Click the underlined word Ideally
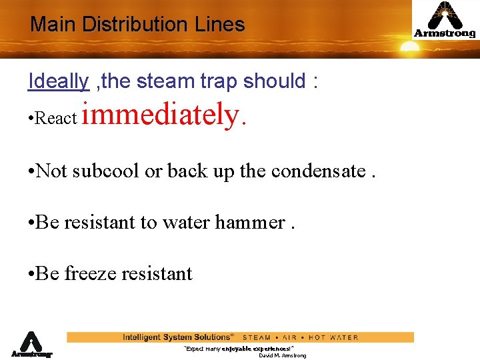59,81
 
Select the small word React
57,119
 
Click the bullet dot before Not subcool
31,171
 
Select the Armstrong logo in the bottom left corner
31,345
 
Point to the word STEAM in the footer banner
257,337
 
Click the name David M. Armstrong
282,356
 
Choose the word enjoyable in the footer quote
236,349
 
